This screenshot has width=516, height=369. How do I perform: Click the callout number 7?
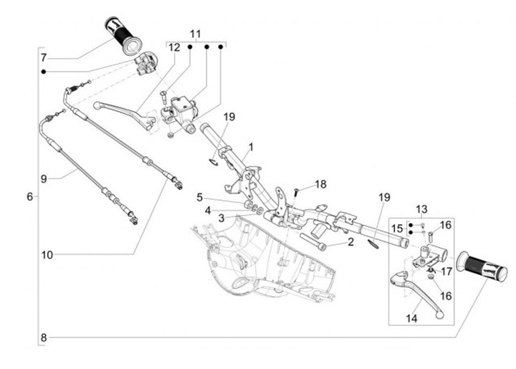tap(43, 57)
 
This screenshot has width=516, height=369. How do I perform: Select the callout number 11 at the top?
tap(196, 34)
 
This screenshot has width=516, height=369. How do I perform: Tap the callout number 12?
tap(174, 47)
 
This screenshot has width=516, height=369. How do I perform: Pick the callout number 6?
tap(29, 196)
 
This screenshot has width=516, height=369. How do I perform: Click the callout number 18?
tap(320, 184)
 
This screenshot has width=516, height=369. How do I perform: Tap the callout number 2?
tap(350, 242)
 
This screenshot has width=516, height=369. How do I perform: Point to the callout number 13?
tap(421, 210)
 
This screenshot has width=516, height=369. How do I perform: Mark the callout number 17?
tap(446, 272)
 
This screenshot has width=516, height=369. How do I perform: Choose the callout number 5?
tap(201, 197)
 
